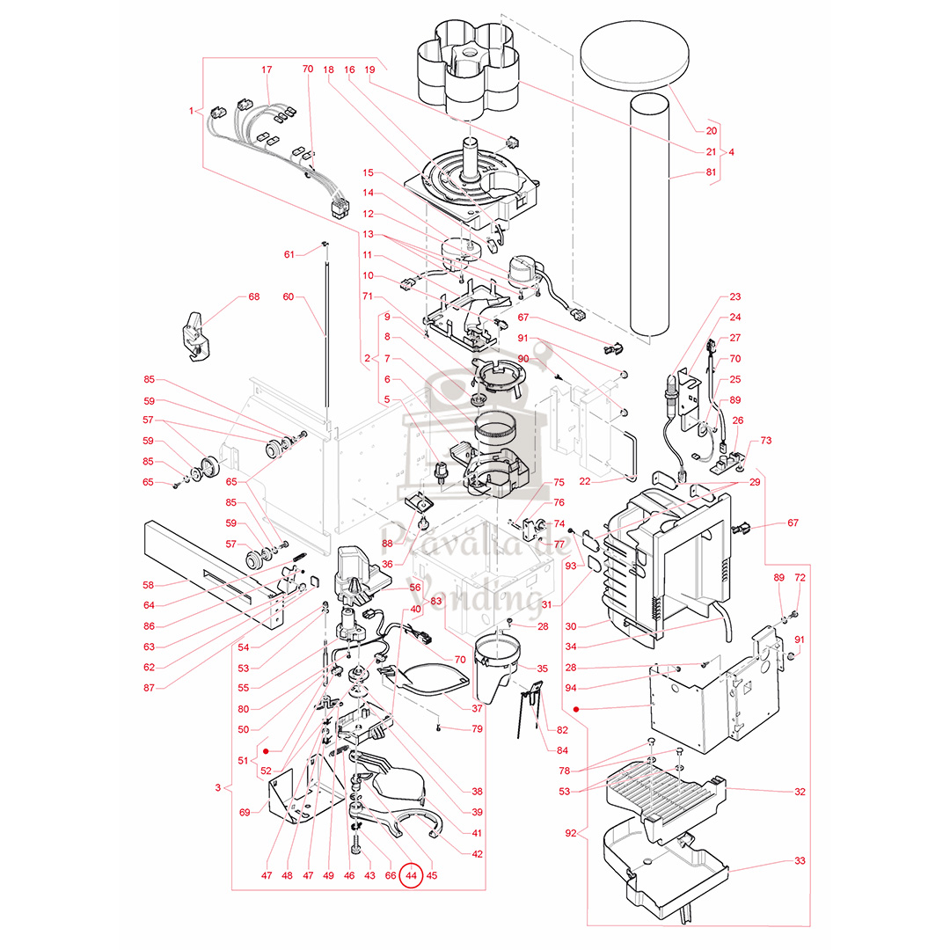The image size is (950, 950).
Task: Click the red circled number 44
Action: pos(411,875)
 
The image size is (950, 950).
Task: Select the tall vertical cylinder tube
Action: pos(650,220)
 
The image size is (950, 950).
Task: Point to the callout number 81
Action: pos(711,174)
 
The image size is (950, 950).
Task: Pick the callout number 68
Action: pos(253,297)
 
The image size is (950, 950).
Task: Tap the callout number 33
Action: pos(799,860)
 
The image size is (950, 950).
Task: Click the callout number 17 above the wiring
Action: pos(267,69)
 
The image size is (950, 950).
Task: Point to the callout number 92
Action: pos(572,832)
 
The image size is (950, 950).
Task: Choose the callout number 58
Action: pos(149,584)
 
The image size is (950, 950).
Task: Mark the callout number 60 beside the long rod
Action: pos(288,297)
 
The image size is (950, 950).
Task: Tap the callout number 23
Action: pos(735,297)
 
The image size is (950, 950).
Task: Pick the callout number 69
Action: pos(244,812)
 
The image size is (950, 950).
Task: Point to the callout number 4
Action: pos(731,152)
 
